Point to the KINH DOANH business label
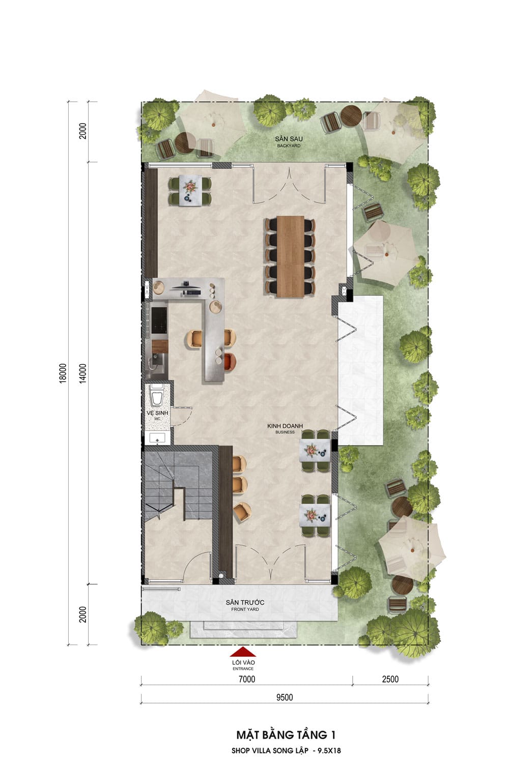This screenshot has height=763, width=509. (285, 428)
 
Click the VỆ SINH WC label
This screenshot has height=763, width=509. (157, 415)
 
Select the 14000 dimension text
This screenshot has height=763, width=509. (83, 373)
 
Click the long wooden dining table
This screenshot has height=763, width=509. (291, 256)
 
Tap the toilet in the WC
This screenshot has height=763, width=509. (157, 394)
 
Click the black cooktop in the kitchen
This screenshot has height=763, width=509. (159, 320)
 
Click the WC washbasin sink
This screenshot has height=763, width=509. (157, 438)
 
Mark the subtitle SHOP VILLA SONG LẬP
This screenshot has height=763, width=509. (270, 750)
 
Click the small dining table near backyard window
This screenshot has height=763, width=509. (190, 190)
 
